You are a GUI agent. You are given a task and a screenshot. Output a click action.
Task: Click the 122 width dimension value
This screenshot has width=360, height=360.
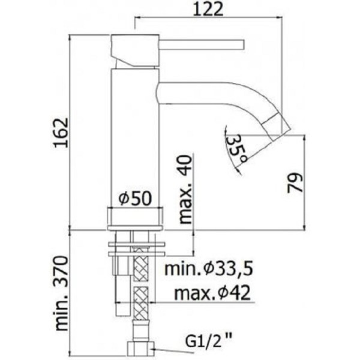click(208, 9)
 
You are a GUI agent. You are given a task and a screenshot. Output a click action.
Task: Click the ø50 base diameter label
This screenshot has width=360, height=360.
click(134, 199)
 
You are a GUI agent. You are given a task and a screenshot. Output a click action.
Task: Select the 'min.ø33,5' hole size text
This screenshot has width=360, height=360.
click(206, 268)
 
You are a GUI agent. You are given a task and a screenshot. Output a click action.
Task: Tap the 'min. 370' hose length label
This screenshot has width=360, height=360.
click(63, 293)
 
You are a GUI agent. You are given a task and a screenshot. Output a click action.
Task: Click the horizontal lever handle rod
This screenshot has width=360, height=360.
click(201, 43)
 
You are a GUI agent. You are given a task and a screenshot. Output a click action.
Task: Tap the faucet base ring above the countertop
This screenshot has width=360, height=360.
click(136, 218)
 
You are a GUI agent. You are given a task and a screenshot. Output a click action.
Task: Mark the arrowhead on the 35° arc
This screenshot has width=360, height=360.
click(238, 170)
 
